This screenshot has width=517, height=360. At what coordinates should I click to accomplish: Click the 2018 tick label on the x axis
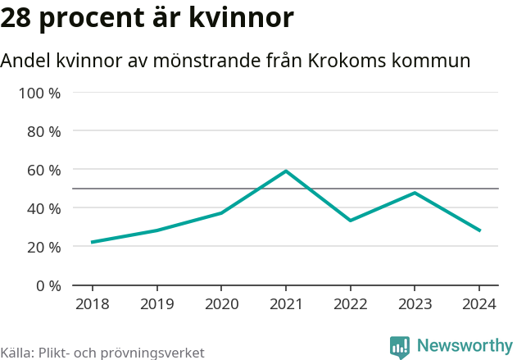(x=92, y=304)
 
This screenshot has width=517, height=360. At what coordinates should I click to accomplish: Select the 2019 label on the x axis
(x=156, y=304)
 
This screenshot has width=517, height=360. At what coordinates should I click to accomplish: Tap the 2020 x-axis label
(x=221, y=304)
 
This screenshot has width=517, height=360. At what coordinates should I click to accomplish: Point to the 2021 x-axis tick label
(x=286, y=304)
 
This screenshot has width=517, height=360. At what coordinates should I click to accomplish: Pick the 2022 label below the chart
(x=350, y=304)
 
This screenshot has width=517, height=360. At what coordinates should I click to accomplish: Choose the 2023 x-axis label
(x=415, y=304)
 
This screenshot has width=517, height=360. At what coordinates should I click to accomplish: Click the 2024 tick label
(x=479, y=304)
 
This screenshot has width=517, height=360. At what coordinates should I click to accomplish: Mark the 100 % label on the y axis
(x=40, y=93)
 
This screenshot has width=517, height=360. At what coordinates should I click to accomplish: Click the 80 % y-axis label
(x=44, y=131)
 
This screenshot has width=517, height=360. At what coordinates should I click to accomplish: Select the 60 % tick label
(x=44, y=170)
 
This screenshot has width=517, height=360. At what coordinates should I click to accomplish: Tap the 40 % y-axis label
(x=44, y=208)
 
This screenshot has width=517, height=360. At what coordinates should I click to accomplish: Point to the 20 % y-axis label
(x=44, y=247)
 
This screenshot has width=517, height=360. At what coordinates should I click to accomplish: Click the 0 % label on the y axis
(x=48, y=285)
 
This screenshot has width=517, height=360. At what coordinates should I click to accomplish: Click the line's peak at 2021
(x=286, y=171)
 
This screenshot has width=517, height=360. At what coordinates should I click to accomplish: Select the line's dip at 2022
(x=350, y=221)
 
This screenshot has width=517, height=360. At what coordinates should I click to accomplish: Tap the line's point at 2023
(x=415, y=193)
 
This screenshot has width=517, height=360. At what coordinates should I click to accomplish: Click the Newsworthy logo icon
(x=400, y=348)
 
